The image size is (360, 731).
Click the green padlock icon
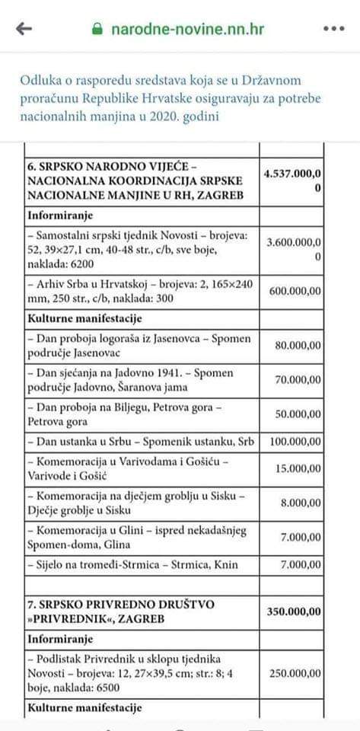pos(96,30)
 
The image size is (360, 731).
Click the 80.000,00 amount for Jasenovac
pos(298,345)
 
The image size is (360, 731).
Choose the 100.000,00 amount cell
pos(294,441)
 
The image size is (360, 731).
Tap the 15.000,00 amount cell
pos(298,468)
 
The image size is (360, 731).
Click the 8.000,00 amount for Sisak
pos(301,503)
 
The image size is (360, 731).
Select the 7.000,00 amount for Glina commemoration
pos(301,537)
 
